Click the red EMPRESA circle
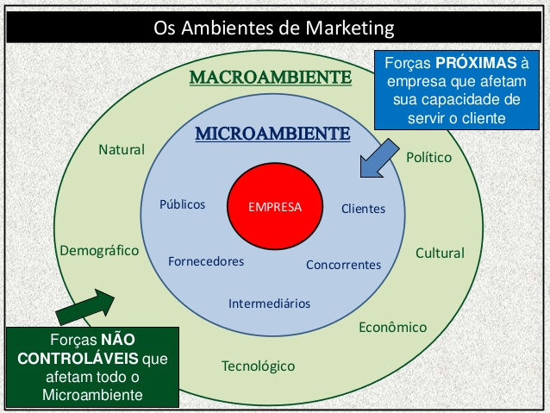click(274, 207)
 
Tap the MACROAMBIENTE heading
click(271, 78)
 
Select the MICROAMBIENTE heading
click(272, 134)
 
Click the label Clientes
click(363, 209)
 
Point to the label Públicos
click(183, 205)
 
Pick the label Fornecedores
click(206, 260)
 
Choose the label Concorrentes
click(343, 265)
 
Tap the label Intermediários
click(269, 303)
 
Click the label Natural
click(122, 150)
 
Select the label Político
click(428, 159)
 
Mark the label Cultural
click(440, 253)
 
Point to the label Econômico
click(392, 328)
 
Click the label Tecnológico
click(258, 366)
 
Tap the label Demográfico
click(99, 251)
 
